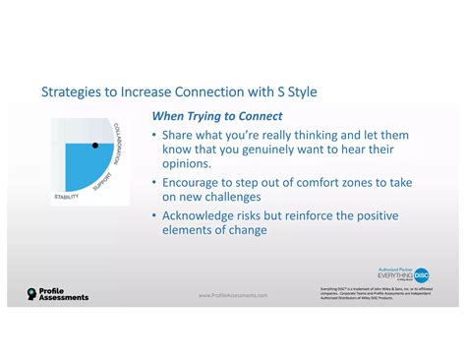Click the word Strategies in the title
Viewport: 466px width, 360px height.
[74, 92]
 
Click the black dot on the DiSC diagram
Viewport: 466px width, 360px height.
[95, 145]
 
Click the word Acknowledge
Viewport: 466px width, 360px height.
[206, 215]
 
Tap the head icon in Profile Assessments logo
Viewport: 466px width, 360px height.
[32, 294]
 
